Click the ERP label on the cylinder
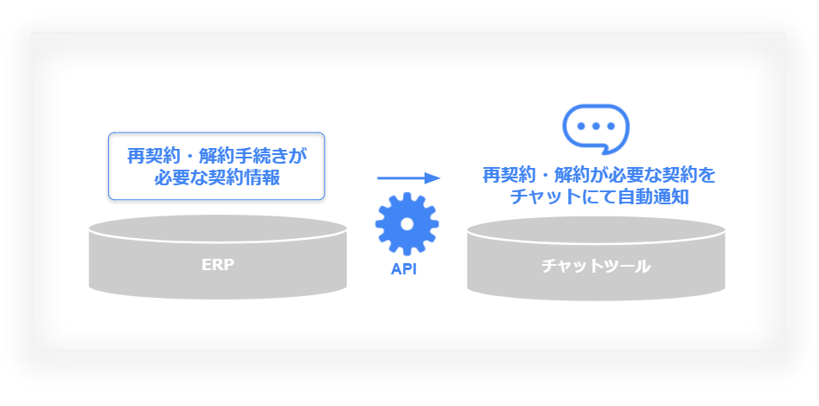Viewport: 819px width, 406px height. (x=218, y=264)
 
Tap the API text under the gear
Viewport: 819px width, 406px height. (x=404, y=268)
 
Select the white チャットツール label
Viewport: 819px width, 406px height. (x=596, y=266)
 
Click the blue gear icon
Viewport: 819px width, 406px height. (x=406, y=223)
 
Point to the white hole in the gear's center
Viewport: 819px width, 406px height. (x=406, y=223)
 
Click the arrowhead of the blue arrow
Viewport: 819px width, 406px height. (x=432, y=178)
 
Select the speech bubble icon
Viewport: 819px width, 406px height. (x=596, y=129)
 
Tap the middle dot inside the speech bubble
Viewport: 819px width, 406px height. (x=596, y=126)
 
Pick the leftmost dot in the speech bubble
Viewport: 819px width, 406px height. (x=581, y=126)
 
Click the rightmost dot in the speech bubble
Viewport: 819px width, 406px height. (x=610, y=126)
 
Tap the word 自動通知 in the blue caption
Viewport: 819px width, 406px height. (x=653, y=197)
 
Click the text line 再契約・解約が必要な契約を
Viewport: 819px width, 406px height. (x=598, y=175)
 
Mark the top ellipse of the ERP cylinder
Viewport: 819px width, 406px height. (x=218, y=229)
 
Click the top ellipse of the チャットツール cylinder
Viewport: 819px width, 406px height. (x=596, y=230)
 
